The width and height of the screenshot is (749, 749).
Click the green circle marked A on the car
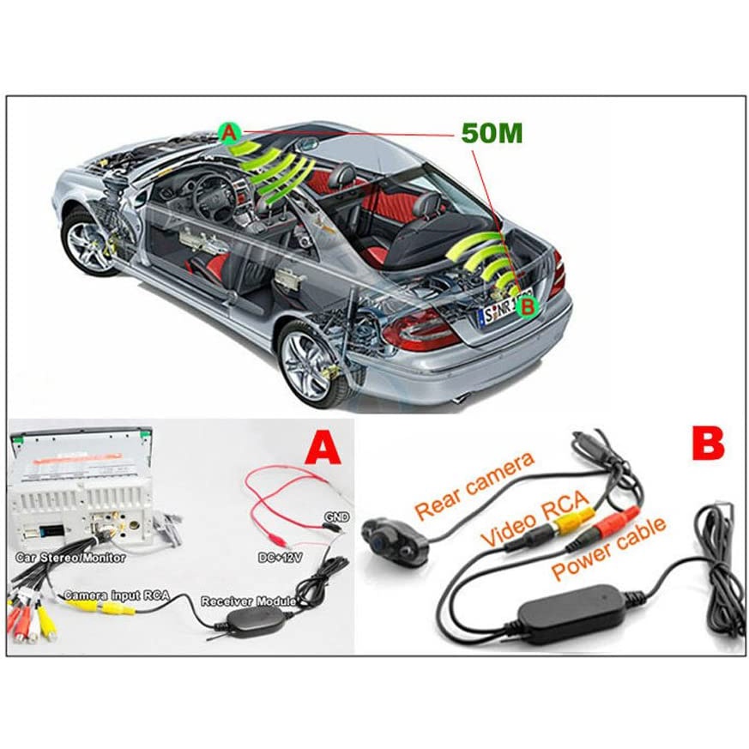[227, 132]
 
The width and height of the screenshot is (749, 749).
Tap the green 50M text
[492, 133]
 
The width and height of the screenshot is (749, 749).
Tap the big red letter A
[322, 448]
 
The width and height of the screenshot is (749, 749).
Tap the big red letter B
[706, 443]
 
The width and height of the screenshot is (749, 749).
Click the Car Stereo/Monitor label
[70, 557]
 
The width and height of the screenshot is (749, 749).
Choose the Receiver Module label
[248, 601]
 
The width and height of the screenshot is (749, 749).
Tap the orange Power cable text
[608, 549]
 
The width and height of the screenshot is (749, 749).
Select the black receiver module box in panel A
[243, 620]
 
